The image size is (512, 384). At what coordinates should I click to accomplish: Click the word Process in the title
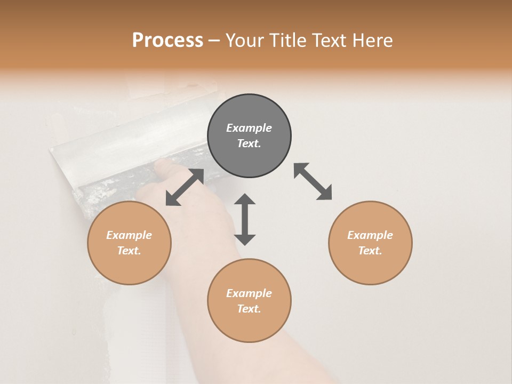pyautogui.click(x=167, y=41)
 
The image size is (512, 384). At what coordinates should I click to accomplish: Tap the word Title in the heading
pyautogui.click(x=285, y=41)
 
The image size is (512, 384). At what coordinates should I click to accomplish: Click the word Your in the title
pyautogui.click(x=246, y=41)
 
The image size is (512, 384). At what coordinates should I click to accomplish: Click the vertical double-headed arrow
pyautogui.click(x=245, y=219)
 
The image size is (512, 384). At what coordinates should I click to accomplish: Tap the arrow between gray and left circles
pyautogui.click(x=185, y=187)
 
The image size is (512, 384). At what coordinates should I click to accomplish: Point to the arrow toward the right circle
pyautogui.click(x=313, y=181)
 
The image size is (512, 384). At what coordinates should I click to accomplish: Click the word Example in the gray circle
pyautogui.click(x=249, y=128)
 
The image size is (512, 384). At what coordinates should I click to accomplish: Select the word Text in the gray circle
pyautogui.click(x=249, y=143)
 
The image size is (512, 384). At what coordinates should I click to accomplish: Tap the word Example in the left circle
pyautogui.click(x=129, y=235)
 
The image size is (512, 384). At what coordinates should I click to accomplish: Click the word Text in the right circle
pyautogui.click(x=370, y=251)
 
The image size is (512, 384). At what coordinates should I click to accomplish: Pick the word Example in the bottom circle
pyautogui.click(x=249, y=293)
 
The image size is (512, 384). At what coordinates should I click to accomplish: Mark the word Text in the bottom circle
pyautogui.click(x=249, y=309)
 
